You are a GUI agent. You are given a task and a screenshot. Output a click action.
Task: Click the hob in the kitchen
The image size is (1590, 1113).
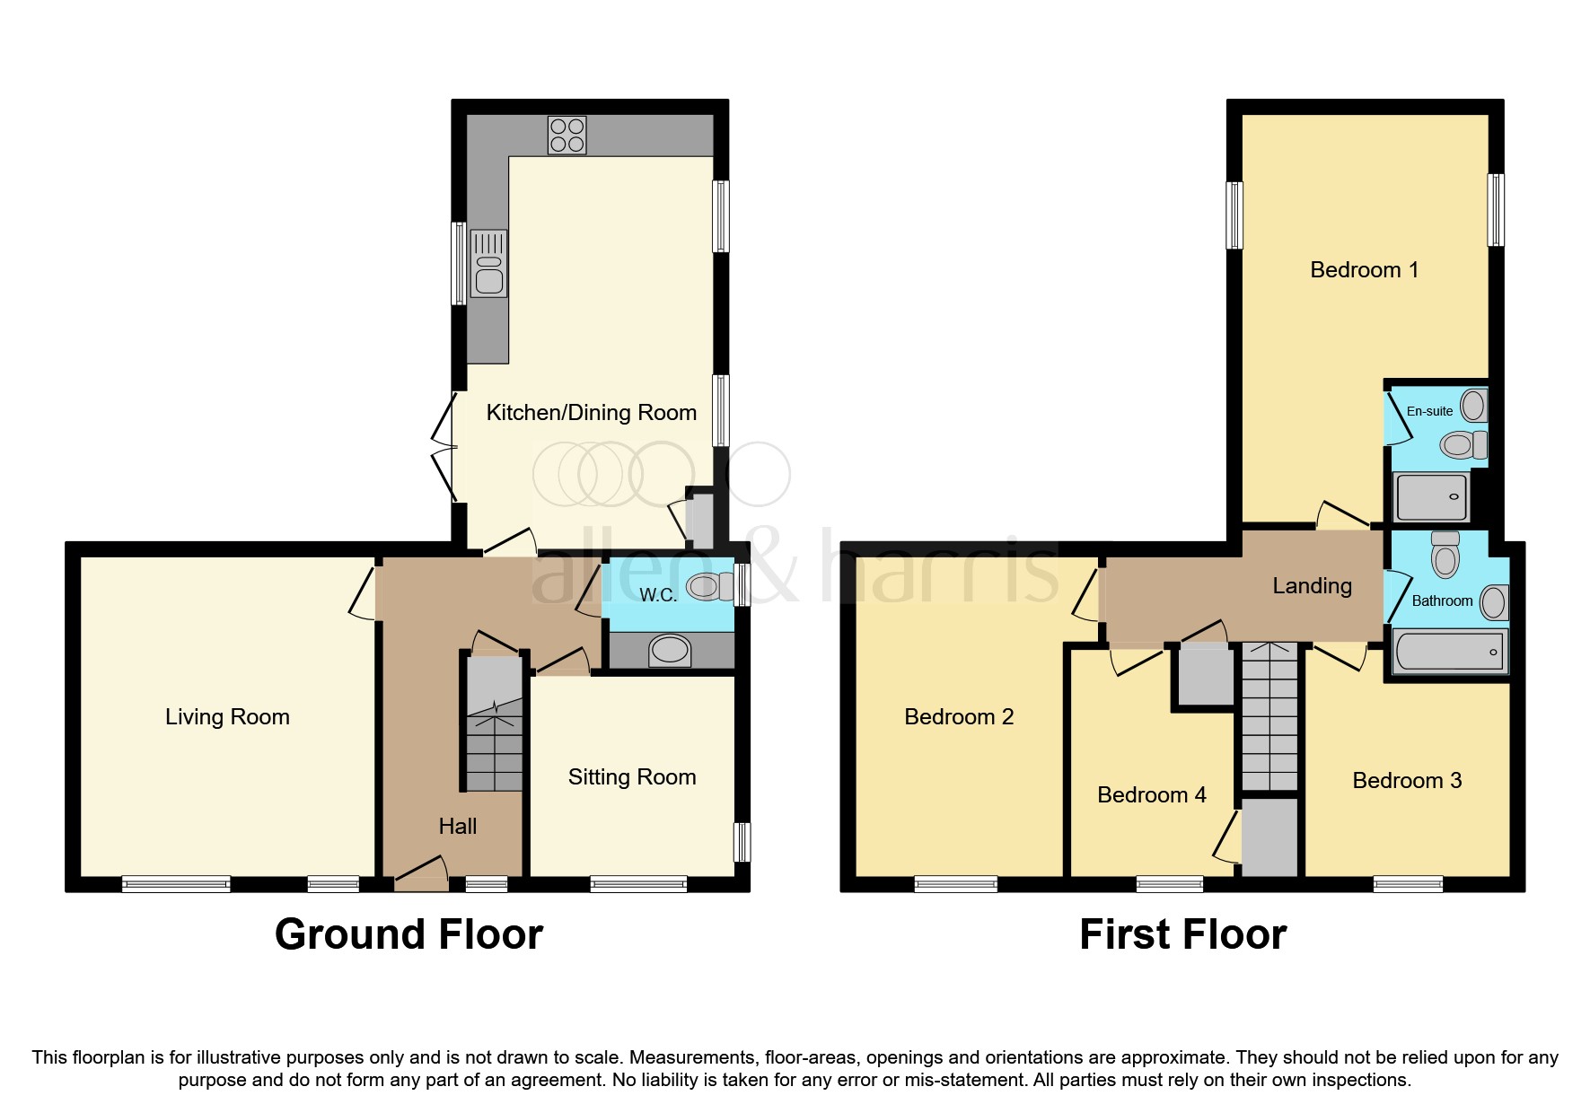pyautogui.click(x=567, y=136)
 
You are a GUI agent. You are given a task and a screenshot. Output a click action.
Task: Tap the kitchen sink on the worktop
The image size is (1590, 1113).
pyautogui.click(x=488, y=264)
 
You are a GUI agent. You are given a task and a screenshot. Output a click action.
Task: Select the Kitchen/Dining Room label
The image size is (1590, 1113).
pyautogui.click(x=591, y=413)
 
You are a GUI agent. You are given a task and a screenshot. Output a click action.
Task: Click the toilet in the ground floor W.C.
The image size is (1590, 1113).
pyautogui.click(x=707, y=587)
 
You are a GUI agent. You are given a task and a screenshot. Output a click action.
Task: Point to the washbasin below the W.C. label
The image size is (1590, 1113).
pyautogui.click(x=670, y=650)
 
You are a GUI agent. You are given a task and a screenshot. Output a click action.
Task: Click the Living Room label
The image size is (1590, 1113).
pyautogui.click(x=227, y=717)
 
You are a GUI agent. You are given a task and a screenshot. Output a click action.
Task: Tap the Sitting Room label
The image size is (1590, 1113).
pyautogui.click(x=632, y=777)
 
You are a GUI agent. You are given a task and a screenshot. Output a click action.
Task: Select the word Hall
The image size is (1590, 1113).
pyautogui.click(x=457, y=827)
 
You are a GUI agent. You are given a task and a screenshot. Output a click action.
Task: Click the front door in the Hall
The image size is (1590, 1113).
pyautogui.click(x=421, y=874)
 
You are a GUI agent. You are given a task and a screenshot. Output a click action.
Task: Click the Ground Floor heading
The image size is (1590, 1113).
pyautogui.click(x=408, y=934)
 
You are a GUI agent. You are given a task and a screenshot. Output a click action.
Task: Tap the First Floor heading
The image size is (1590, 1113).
pyautogui.click(x=1182, y=934)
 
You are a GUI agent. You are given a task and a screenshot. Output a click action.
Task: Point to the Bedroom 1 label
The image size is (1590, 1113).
pyautogui.click(x=1364, y=270)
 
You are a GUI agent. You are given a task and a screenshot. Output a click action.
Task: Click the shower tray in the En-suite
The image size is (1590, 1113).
pyautogui.click(x=1431, y=496)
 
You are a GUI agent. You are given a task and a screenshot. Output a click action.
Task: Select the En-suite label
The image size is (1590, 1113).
pyautogui.click(x=1429, y=411)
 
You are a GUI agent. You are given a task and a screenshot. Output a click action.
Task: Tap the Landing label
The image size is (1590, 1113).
pyautogui.click(x=1312, y=586)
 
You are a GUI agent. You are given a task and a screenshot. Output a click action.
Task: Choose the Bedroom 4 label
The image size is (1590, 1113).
pyautogui.click(x=1151, y=795)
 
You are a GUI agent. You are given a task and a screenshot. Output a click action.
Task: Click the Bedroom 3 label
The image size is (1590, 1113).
pyautogui.click(x=1407, y=781)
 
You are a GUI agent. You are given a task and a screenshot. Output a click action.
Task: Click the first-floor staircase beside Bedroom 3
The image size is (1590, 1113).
pyautogui.click(x=1269, y=718)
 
